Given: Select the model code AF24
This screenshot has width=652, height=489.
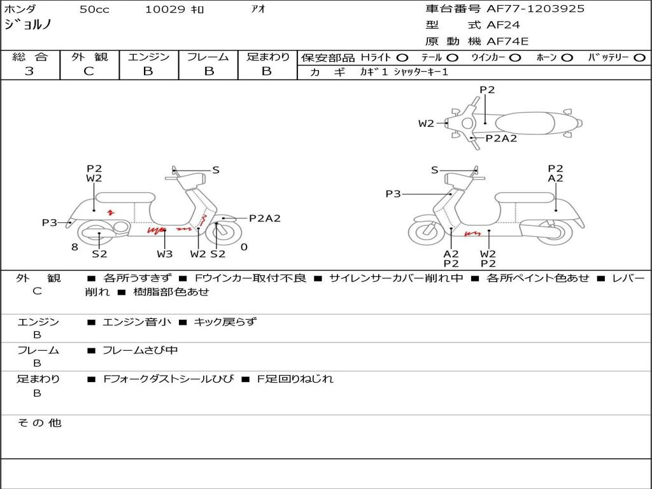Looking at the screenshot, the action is pyautogui.click(x=503, y=25).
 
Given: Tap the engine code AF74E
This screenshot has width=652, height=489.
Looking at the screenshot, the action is pyautogui.click(x=507, y=41).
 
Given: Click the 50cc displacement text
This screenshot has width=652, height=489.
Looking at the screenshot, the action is pyautogui.click(x=94, y=9).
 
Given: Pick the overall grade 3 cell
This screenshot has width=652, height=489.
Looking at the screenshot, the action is pyautogui.click(x=29, y=71).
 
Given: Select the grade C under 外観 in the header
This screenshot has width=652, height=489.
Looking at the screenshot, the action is pyautogui.click(x=89, y=71).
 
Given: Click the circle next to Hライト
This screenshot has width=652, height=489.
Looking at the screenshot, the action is pyautogui.click(x=402, y=58).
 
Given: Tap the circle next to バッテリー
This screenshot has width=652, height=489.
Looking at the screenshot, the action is pyautogui.click(x=639, y=58).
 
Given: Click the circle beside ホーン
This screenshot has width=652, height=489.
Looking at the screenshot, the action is pyautogui.click(x=567, y=58).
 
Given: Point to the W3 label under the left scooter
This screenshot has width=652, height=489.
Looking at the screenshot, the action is pyautogui.click(x=165, y=253).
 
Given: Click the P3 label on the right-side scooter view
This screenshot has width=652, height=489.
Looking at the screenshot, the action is pyautogui.click(x=393, y=194).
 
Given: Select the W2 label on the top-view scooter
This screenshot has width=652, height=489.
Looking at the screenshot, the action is pyautogui.click(x=426, y=123).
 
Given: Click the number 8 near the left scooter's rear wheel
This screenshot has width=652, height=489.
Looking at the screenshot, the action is pyautogui.click(x=74, y=247).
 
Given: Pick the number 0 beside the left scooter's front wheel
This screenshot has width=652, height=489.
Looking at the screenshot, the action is pyautogui.click(x=244, y=247).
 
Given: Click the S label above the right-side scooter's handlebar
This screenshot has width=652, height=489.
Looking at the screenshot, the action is pyautogui.click(x=434, y=170).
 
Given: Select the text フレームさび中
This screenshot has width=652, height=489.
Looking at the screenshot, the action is pyautogui.click(x=140, y=351).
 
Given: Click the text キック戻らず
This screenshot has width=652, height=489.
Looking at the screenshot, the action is pyautogui.click(x=225, y=322).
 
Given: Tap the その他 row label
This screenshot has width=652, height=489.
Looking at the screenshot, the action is pyautogui.click(x=39, y=423).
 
